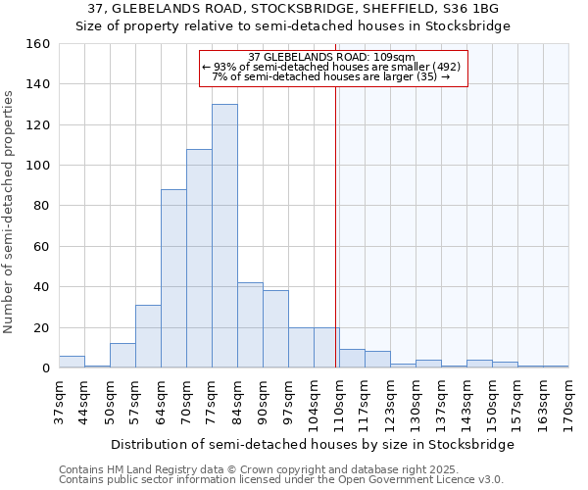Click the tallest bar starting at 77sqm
click(x=224, y=236)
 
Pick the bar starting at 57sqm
click(x=148, y=336)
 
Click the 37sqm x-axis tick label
click(x=59, y=402)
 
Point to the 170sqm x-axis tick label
click(x=568, y=402)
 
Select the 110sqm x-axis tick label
click(x=339, y=402)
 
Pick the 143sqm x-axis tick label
click(x=466, y=402)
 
